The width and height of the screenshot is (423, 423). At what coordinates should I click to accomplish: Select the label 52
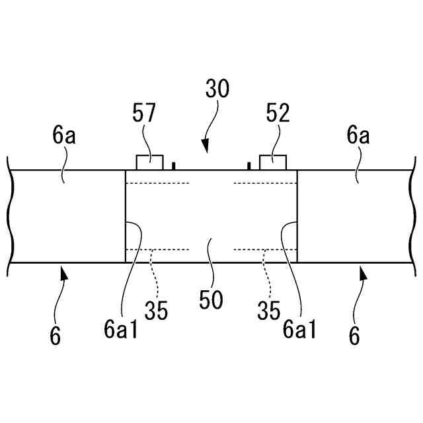(x=278, y=113)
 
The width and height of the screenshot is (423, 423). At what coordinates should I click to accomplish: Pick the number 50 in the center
(x=211, y=299)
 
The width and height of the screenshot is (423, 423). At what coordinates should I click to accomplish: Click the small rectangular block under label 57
(x=149, y=163)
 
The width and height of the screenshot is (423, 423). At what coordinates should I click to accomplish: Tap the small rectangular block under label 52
(x=272, y=163)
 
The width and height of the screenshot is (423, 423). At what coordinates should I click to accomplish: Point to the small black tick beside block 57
(x=173, y=166)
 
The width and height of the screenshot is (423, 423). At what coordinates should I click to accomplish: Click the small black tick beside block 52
(x=249, y=166)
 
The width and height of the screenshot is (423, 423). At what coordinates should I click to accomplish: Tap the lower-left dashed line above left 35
(x=157, y=249)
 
